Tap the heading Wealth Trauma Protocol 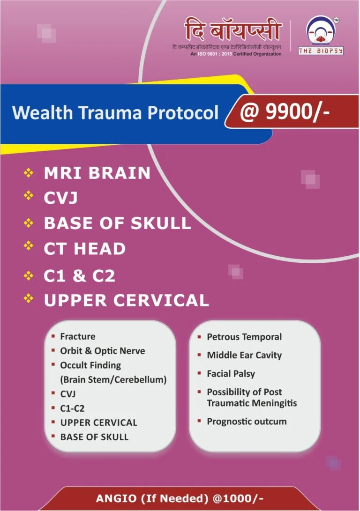click(x=115, y=113)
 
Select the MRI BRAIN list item click(x=97, y=173)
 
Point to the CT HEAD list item click(x=85, y=248)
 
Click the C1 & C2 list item click(x=79, y=276)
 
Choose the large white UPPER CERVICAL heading click(x=126, y=300)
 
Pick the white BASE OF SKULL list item click(x=117, y=223)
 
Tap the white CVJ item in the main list click(x=60, y=198)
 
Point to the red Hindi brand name click(x=233, y=31)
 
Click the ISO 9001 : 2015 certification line click(x=236, y=54)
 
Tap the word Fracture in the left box click(x=78, y=336)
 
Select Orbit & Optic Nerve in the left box click(x=103, y=351)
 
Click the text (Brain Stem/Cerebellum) click(x=113, y=379)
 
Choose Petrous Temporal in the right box click(x=244, y=337)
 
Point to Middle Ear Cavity click(x=244, y=355)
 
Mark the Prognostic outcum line click(x=247, y=422)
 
